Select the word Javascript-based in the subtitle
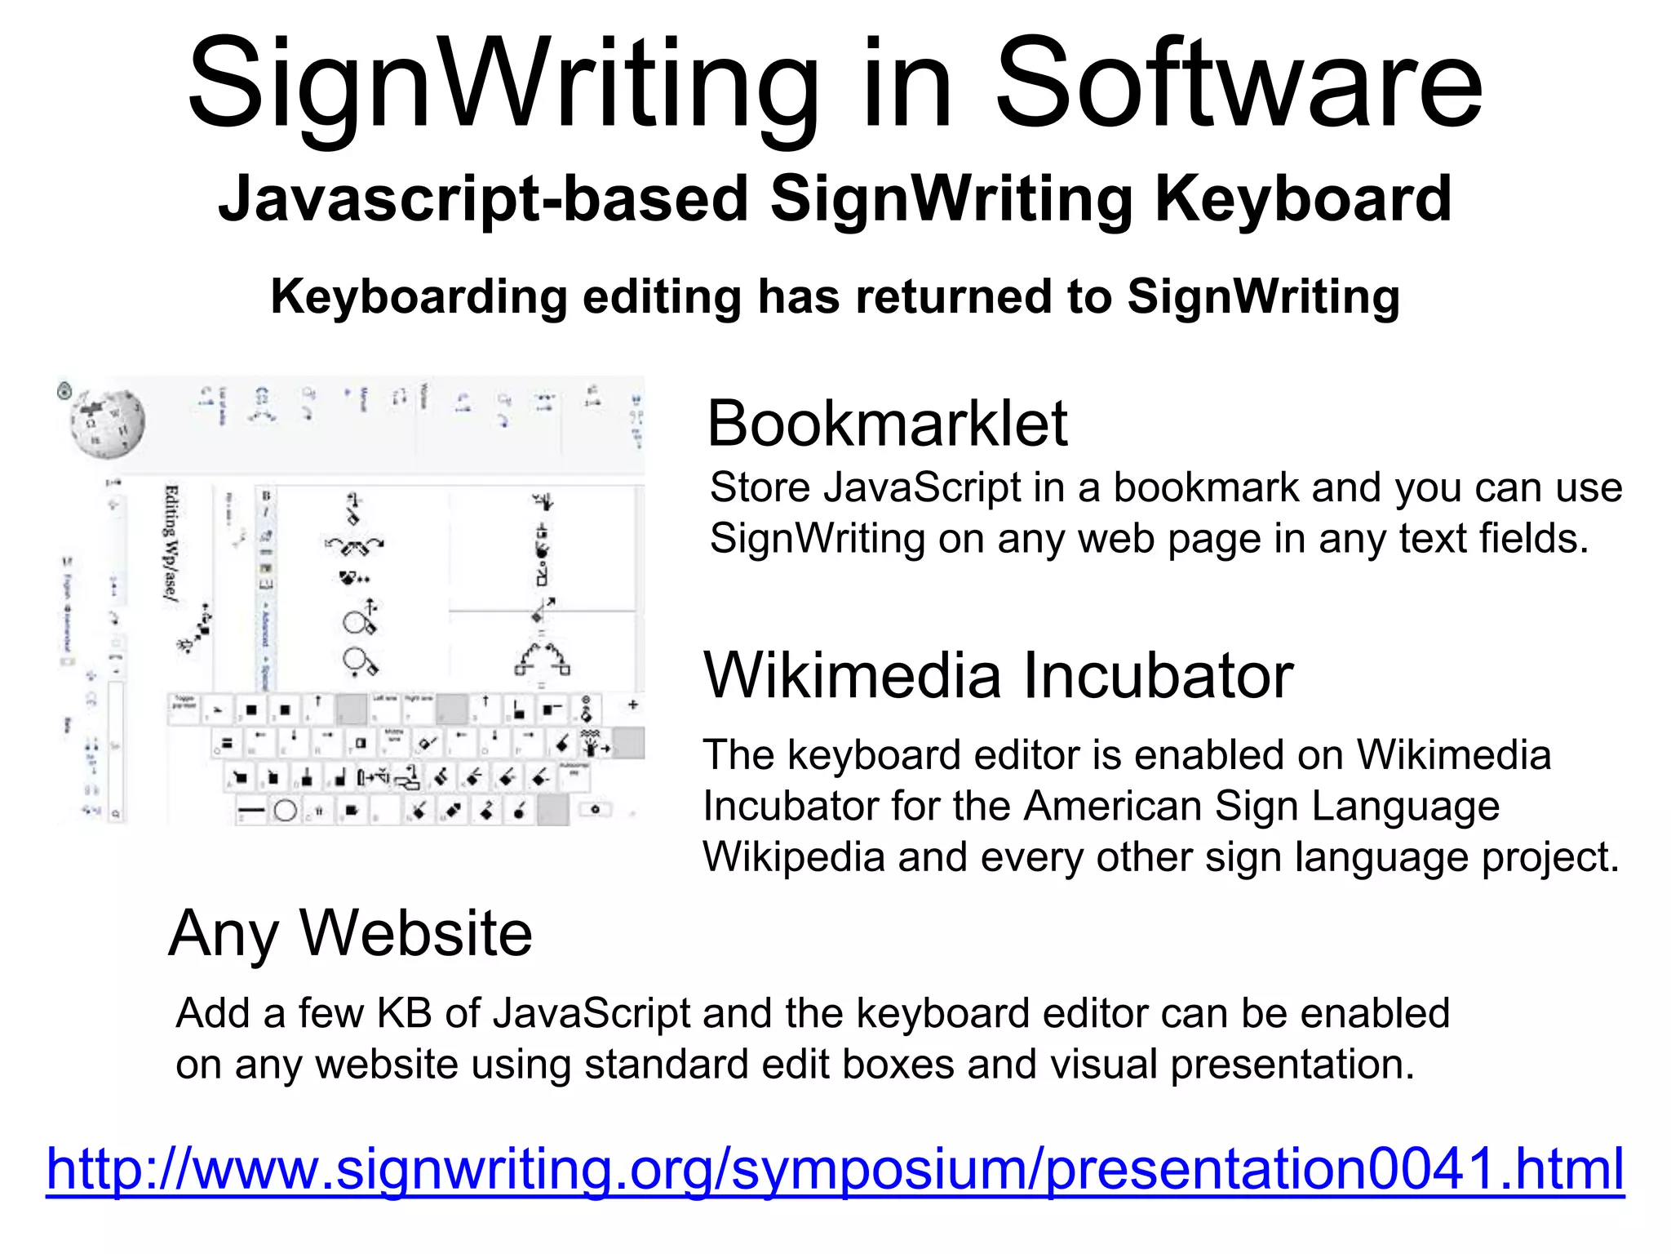pos(483,198)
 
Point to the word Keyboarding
pos(419,296)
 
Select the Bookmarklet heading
pos(887,424)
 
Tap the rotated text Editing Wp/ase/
pos(172,544)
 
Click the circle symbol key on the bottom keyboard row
pos(285,811)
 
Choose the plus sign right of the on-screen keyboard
pos(632,704)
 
